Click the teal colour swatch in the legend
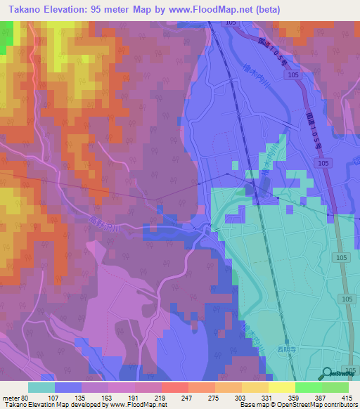click(41, 387)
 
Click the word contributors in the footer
click(336, 404)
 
